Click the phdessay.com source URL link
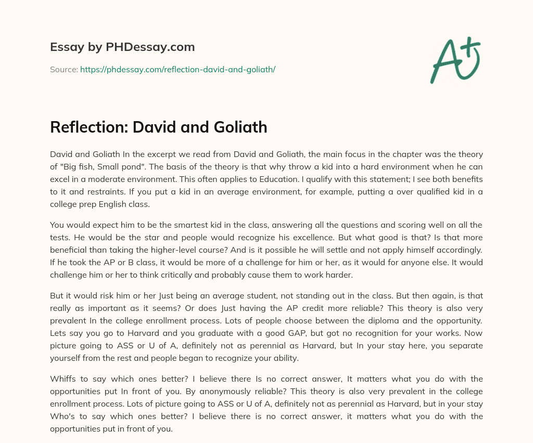click(177, 69)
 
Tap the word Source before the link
click(64, 69)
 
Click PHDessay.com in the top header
click(150, 47)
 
